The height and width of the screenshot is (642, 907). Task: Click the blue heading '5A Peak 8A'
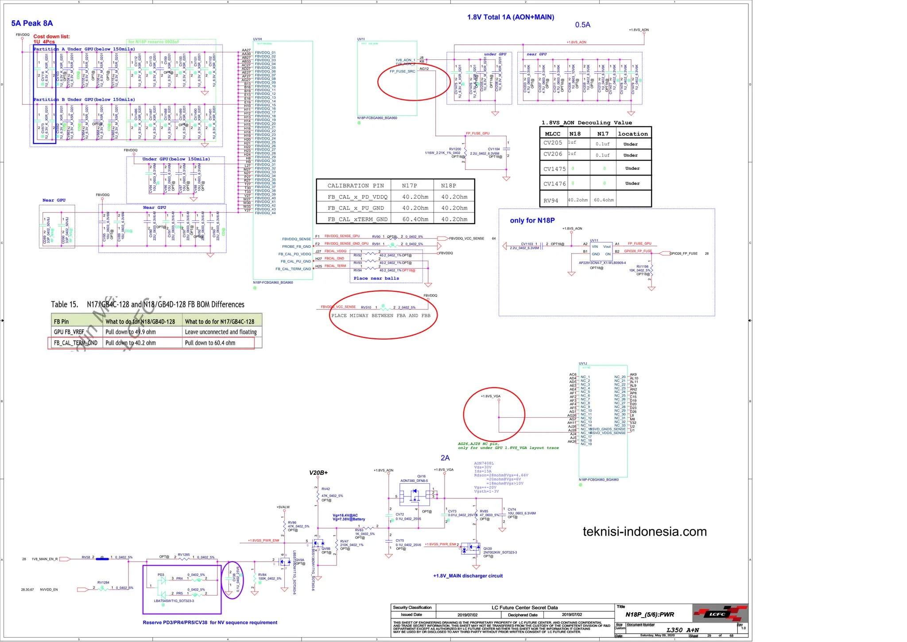point(32,23)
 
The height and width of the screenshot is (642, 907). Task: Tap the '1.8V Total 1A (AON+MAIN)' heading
point(510,17)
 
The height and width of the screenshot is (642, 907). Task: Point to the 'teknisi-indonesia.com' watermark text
point(644,532)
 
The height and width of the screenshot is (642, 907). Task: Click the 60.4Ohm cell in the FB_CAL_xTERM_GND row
point(415,219)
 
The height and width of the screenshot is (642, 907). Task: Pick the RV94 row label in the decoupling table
point(551,200)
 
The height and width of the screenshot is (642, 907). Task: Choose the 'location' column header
point(632,134)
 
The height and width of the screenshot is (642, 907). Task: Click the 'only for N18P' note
point(532,220)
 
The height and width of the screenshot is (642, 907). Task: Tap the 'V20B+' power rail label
point(318,473)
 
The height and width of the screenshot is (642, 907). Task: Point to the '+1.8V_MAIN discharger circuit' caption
point(468,576)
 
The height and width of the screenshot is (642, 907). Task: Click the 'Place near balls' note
point(376,278)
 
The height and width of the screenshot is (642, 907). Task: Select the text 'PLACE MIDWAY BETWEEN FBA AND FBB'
point(381,316)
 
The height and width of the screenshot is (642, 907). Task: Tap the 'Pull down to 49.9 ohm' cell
point(131,332)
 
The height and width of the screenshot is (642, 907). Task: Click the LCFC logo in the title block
point(717,614)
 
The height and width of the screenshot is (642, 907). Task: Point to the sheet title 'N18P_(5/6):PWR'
point(649,615)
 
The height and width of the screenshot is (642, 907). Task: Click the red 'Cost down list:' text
point(51,37)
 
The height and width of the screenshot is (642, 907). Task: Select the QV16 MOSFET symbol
point(415,494)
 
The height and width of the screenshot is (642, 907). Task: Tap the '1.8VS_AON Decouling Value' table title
point(586,123)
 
